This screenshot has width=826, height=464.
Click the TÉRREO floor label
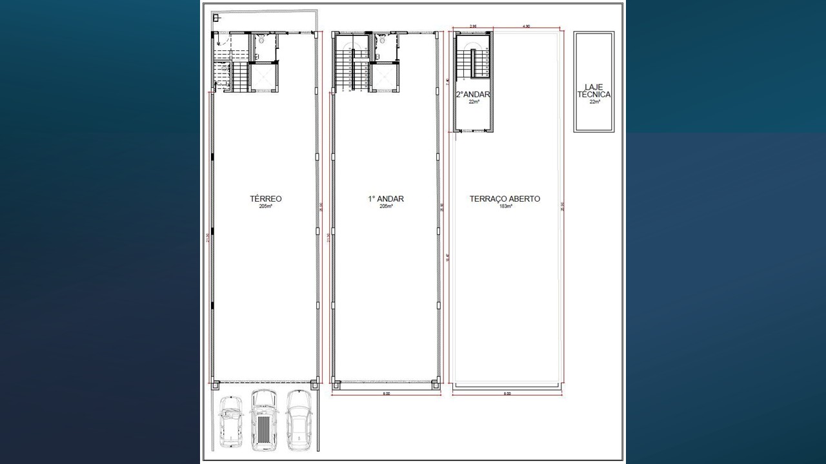coord(265,198)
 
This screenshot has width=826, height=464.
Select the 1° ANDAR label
coord(386,198)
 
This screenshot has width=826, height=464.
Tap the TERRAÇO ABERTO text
coord(505,198)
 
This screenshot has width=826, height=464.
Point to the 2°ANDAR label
coord(473,94)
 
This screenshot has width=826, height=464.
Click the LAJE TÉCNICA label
coord(594,90)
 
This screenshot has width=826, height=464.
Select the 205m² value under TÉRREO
coord(265,207)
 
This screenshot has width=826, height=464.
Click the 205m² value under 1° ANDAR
coord(386,207)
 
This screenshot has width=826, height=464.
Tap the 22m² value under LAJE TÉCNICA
coord(594,102)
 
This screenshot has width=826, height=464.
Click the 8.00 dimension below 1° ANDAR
coord(385,393)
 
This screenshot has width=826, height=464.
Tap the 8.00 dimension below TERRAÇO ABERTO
coord(507,393)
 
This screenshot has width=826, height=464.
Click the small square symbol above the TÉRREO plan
coord(217,18)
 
